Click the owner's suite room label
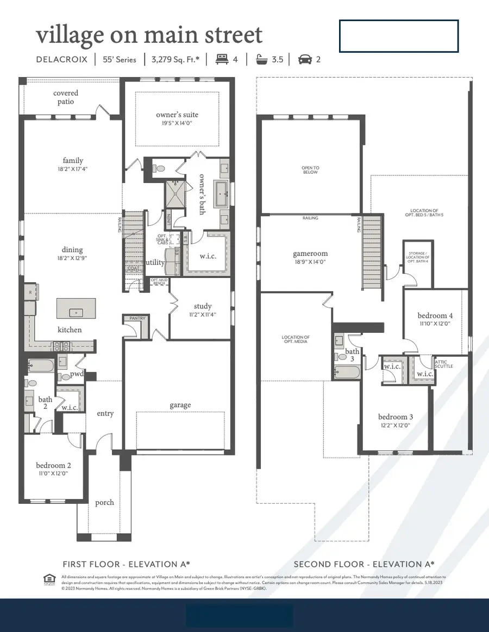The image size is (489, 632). (177, 115)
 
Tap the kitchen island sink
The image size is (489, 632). (76, 312)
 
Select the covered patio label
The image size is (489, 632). (66, 97)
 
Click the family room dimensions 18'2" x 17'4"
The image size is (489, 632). (72, 169)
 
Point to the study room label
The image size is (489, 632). (202, 306)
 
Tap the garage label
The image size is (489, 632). (180, 405)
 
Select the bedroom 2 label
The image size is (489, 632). (53, 465)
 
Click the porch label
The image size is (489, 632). (104, 502)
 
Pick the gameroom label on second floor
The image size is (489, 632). (310, 254)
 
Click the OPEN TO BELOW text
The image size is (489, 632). (310, 170)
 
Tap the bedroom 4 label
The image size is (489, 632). (435, 315)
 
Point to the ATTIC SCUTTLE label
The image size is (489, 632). (443, 364)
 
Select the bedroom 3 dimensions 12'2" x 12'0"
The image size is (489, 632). (395, 426)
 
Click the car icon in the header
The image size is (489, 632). (305, 59)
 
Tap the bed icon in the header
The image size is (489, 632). (222, 59)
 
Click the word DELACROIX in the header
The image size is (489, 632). (61, 59)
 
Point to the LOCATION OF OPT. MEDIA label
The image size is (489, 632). (296, 340)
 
